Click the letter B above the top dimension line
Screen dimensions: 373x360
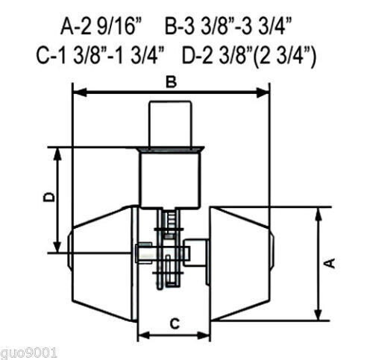[x=171, y=83]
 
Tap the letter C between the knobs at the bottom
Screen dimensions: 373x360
[x=175, y=323]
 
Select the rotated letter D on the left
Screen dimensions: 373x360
[x=49, y=197]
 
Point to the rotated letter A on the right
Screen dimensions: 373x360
[x=330, y=263]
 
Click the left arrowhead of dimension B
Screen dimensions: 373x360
[x=79, y=92]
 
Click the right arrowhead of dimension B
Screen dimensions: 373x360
[x=263, y=92]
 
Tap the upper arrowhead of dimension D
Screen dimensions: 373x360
[x=57, y=154]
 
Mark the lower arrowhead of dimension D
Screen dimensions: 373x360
[x=57, y=247]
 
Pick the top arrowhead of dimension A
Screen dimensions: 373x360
[x=319, y=214]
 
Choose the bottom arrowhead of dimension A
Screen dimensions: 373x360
[x=319, y=314]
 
